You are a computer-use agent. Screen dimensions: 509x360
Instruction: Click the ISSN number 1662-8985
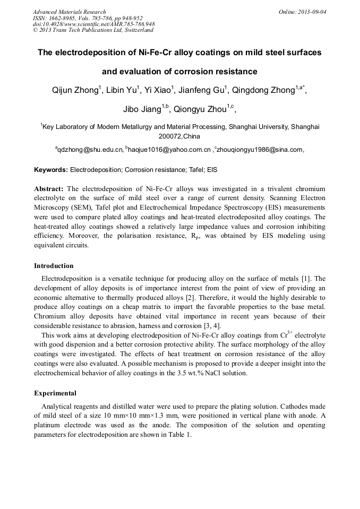click(x=63, y=18)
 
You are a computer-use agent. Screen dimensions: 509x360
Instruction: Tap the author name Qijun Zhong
click(x=75, y=91)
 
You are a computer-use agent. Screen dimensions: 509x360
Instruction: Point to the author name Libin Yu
click(x=122, y=91)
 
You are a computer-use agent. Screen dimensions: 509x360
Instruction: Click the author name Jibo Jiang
click(x=142, y=110)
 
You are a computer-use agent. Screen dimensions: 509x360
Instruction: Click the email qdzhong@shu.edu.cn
click(x=90, y=150)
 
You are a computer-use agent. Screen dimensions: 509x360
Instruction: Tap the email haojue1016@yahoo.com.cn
click(x=169, y=150)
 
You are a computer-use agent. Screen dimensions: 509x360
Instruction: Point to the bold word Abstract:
click(x=49, y=188)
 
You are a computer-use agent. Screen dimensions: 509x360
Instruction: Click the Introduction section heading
click(x=54, y=266)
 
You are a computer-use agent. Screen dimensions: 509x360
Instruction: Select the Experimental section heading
click(x=55, y=393)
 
